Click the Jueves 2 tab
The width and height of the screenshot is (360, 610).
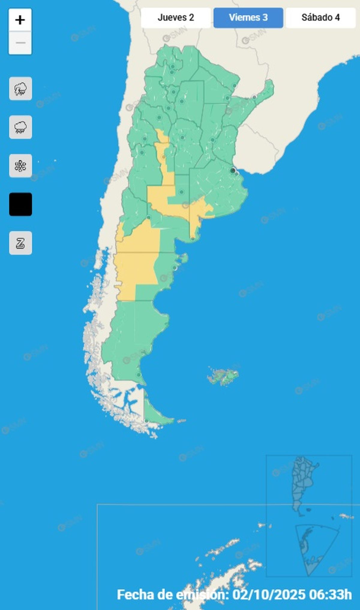pos(176,18)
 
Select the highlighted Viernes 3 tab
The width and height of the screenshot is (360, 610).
pos(248,18)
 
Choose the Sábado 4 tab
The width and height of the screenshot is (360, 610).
pos(320,18)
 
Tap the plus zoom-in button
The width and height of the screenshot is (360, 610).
pos(20,20)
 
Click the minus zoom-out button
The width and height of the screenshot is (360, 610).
pos(20,43)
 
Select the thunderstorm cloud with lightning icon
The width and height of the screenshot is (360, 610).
pos(20,89)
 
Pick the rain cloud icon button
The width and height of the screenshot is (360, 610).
pos(20,127)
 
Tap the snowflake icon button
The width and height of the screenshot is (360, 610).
pos(20,166)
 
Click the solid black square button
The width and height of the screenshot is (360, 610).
pos(20,204)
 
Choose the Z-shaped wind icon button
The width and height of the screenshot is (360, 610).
pos(20,243)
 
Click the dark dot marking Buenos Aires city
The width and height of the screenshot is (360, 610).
pos(232,170)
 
